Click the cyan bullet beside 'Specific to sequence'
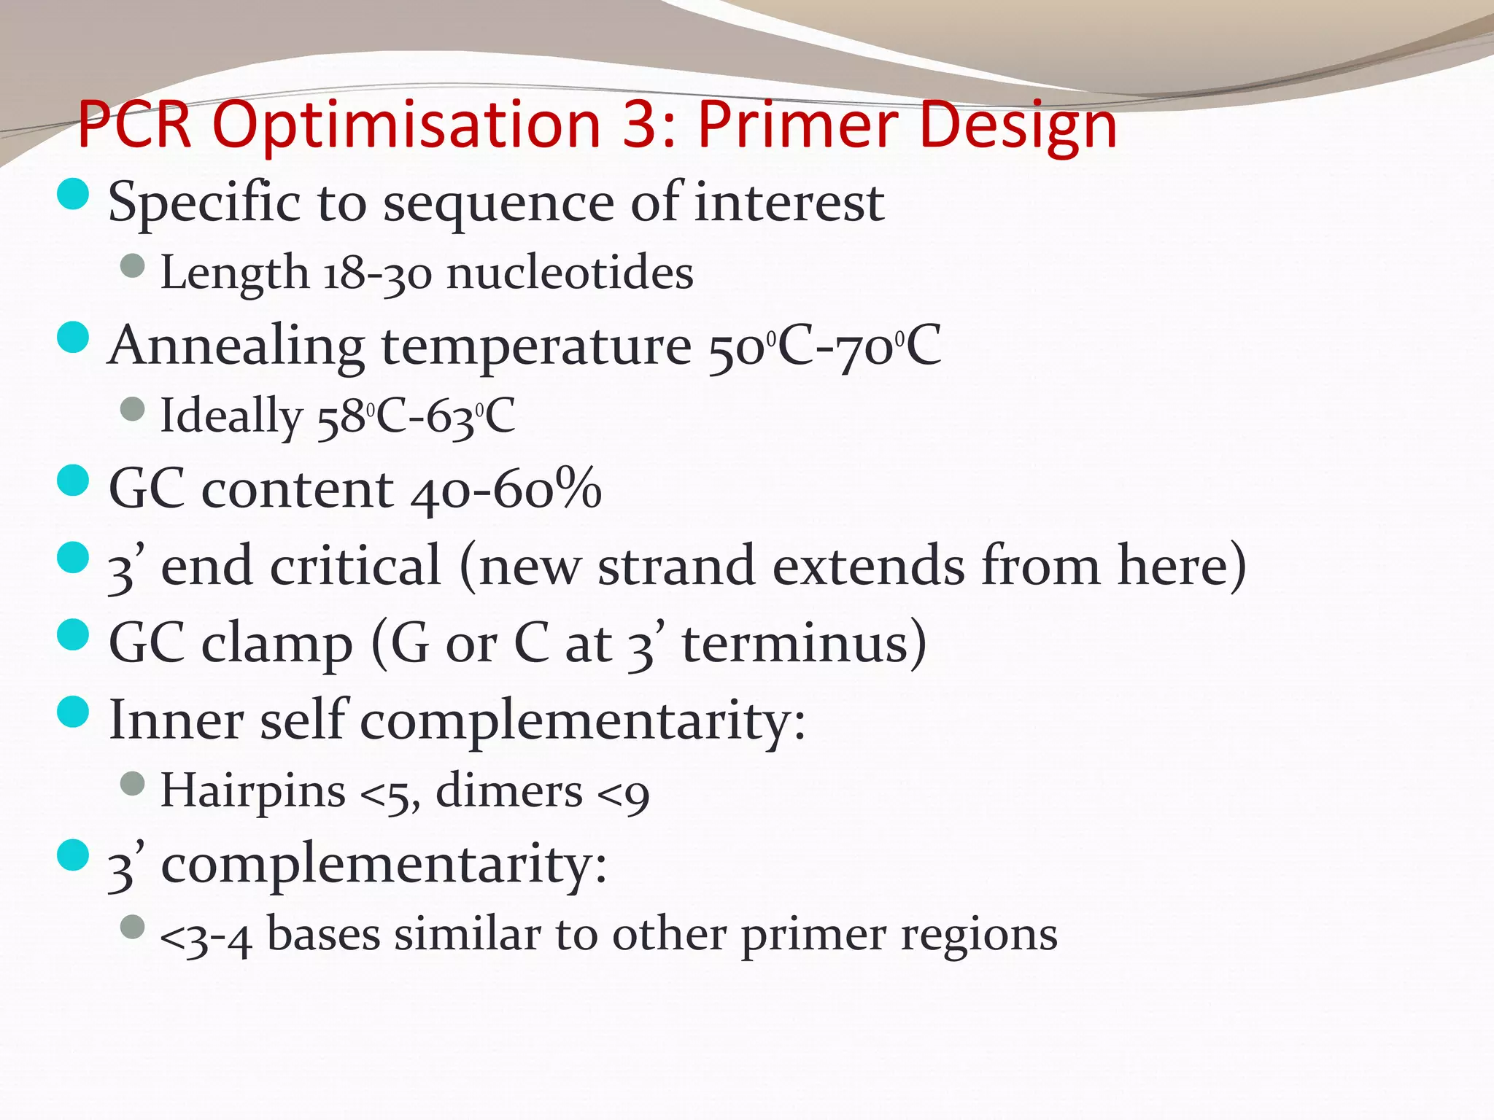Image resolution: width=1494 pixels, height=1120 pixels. click(x=73, y=194)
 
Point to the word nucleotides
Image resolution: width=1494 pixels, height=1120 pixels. click(x=570, y=273)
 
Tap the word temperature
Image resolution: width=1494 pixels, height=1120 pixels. click(x=536, y=346)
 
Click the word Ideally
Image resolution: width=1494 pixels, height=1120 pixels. click(x=231, y=416)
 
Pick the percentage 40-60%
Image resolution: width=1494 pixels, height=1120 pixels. click(x=506, y=489)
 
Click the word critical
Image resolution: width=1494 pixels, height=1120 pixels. click(x=355, y=566)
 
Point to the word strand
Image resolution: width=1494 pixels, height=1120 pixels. click(x=676, y=566)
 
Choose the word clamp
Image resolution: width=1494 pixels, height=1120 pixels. click(x=277, y=644)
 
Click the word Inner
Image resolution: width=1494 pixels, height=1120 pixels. click(x=176, y=720)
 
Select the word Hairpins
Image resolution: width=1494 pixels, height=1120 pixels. click(x=252, y=790)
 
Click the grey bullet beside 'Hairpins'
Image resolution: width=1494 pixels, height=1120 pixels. click(x=133, y=785)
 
